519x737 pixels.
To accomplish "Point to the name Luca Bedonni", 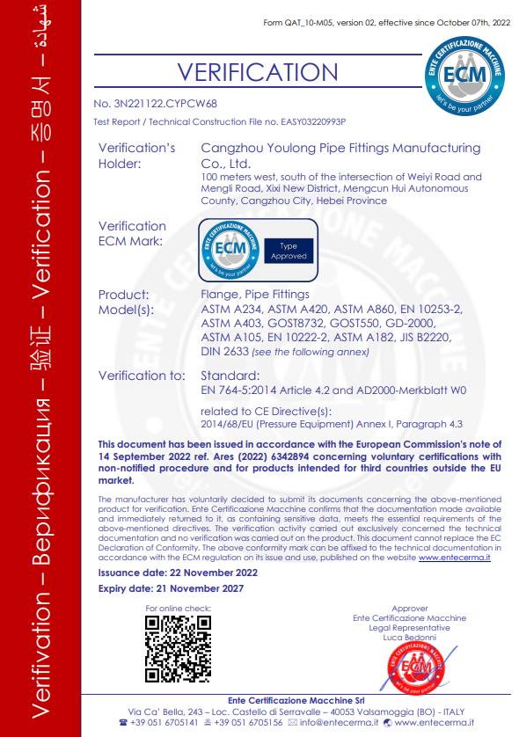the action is click(x=410, y=636).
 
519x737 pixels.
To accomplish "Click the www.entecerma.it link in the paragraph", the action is click(x=455, y=558).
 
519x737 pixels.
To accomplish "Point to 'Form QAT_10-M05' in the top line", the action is click(x=296, y=21).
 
